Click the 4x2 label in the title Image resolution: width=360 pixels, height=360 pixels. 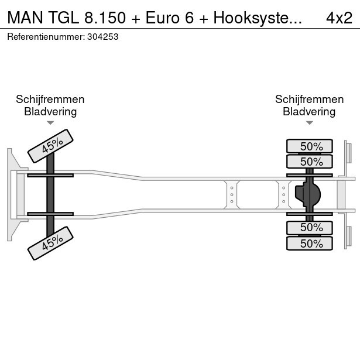pyautogui.click(x=339, y=18)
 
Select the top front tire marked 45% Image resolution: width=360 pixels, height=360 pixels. pyautogui.click(x=51, y=145)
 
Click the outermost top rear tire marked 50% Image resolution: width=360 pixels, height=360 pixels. pyautogui.click(x=309, y=146)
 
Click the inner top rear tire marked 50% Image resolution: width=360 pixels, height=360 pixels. pyautogui.click(x=309, y=162)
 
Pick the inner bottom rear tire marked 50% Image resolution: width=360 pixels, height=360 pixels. pyautogui.click(x=309, y=228)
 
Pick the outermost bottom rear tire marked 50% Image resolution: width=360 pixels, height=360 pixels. pyautogui.click(x=309, y=244)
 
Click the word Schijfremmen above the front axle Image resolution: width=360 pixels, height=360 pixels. pyautogui.click(x=50, y=100)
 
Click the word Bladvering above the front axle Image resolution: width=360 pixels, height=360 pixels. pyautogui.click(x=50, y=112)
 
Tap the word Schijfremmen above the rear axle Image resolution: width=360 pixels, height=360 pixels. pyautogui.click(x=309, y=100)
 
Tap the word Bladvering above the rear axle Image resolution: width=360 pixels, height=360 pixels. pyautogui.click(x=309, y=112)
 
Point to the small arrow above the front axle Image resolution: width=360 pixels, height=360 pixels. pyautogui.click(x=50, y=123)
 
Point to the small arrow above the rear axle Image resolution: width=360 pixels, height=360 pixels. pyautogui.click(x=309, y=123)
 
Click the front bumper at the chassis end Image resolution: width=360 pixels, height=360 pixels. pyautogui.click(x=11, y=194)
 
